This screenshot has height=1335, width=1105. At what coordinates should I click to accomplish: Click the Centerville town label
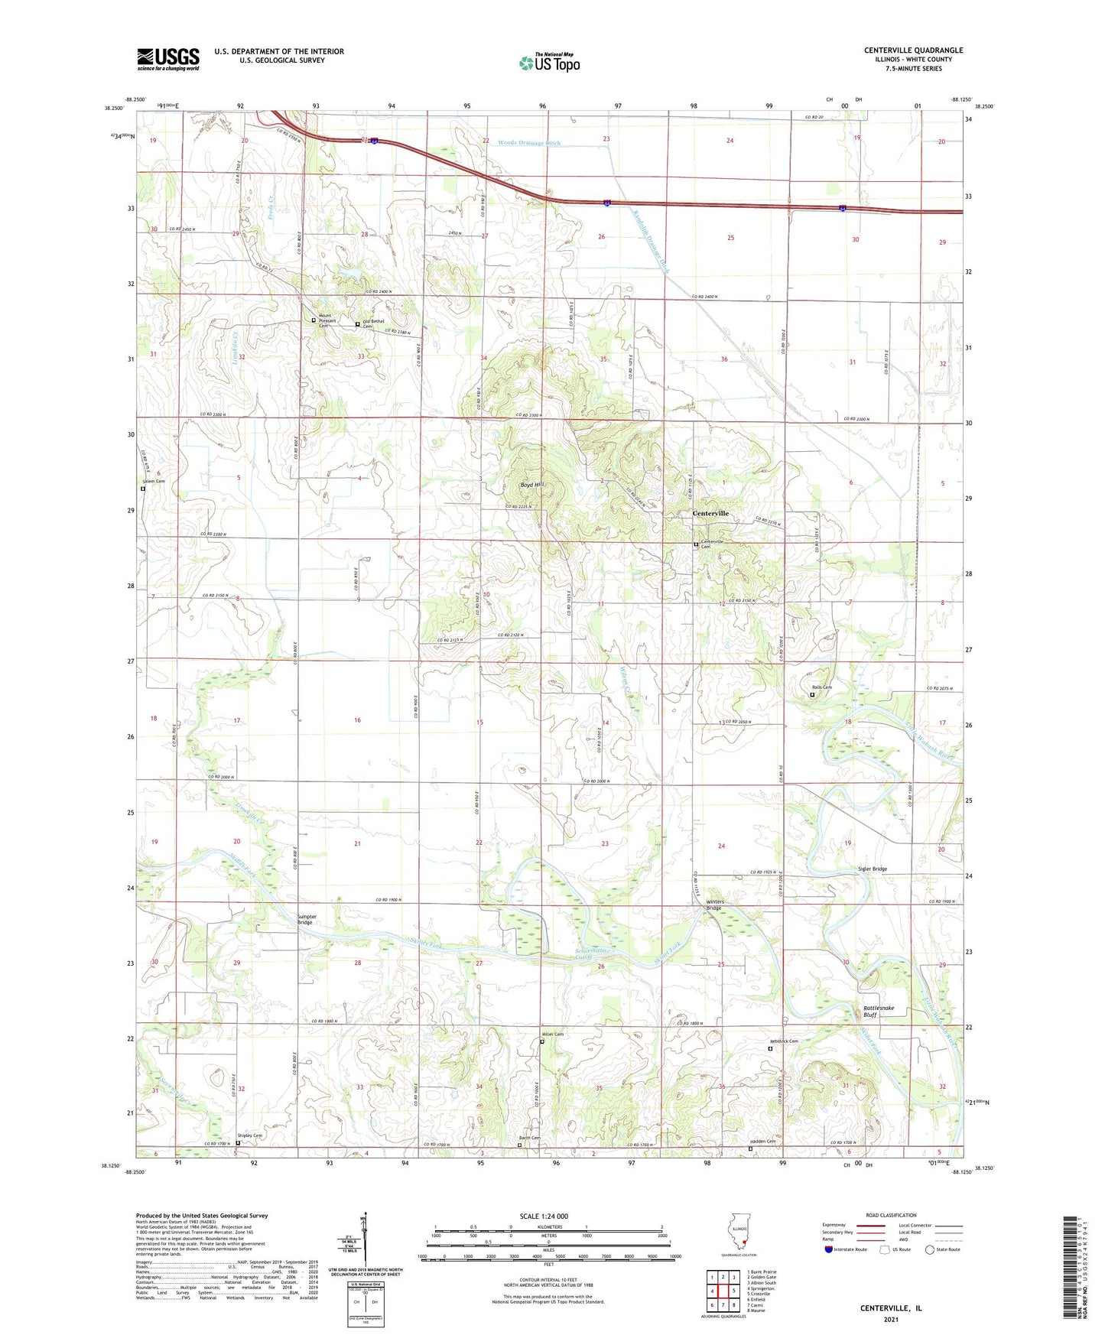[710, 513]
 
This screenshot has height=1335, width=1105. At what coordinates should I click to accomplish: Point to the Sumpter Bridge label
[306, 919]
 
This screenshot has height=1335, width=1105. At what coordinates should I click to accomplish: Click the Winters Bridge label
[714, 905]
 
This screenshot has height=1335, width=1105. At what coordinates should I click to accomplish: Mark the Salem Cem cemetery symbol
[143, 489]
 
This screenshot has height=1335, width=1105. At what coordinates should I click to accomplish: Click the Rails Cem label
[821, 687]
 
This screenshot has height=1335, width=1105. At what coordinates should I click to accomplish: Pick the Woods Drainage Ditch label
[529, 143]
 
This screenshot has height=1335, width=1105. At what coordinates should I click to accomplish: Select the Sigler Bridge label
[872, 869]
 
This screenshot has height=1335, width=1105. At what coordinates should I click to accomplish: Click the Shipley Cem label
[249, 1135]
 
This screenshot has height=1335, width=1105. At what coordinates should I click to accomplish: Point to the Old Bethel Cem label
[374, 323]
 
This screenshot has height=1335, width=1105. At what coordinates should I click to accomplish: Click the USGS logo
[168, 59]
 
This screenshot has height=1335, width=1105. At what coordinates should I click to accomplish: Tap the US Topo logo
[549, 63]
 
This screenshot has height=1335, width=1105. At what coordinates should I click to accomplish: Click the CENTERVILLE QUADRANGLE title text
[914, 50]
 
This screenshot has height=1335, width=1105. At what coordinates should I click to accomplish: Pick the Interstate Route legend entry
[845, 1249]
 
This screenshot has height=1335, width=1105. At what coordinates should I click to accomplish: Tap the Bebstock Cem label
[784, 1041]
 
